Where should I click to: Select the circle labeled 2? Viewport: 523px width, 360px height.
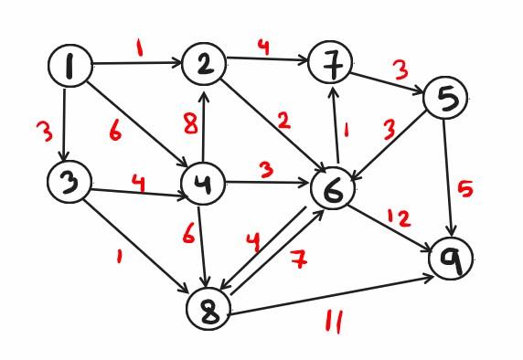[204, 64]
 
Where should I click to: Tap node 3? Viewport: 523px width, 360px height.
[69, 181]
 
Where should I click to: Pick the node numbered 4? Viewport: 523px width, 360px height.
[204, 185]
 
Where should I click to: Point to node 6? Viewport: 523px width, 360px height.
[333, 190]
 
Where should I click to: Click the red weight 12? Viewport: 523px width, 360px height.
[399, 218]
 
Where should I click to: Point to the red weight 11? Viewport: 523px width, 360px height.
[334, 323]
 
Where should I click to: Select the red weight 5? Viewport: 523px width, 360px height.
[465, 190]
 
